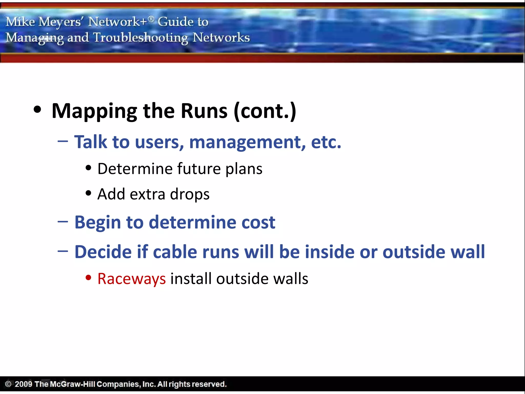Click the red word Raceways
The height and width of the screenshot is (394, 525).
pyautogui.click(x=132, y=279)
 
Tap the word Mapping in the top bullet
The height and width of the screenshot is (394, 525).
pyautogui.click(x=94, y=111)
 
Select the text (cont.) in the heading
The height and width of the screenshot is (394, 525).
pyautogui.click(x=265, y=111)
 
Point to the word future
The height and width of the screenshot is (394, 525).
pyautogui.click(x=199, y=169)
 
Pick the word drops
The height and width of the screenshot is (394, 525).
pyautogui.click(x=190, y=194)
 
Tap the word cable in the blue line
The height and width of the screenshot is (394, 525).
pyautogui.click(x=175, y=252)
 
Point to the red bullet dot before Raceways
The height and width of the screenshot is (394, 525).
pyautogui.click(x=88, y=278)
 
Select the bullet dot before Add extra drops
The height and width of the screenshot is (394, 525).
pyautogui.click(x=88, y=193)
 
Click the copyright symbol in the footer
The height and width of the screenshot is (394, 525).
pyautogui.click(x=8, y=384)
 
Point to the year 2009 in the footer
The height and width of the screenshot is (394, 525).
pyautogui.click(x=23, y=384)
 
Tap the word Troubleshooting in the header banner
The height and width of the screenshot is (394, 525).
pyautogui.click(x=140, y=38)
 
